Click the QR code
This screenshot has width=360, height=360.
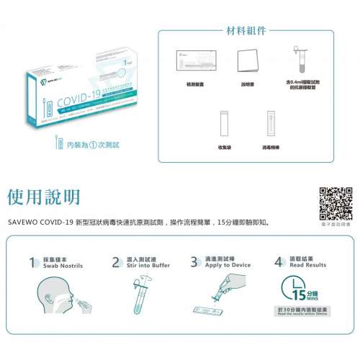(335, 203)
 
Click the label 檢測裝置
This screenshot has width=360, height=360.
(196, 86)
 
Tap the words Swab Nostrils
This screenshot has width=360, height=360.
(63, 266)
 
